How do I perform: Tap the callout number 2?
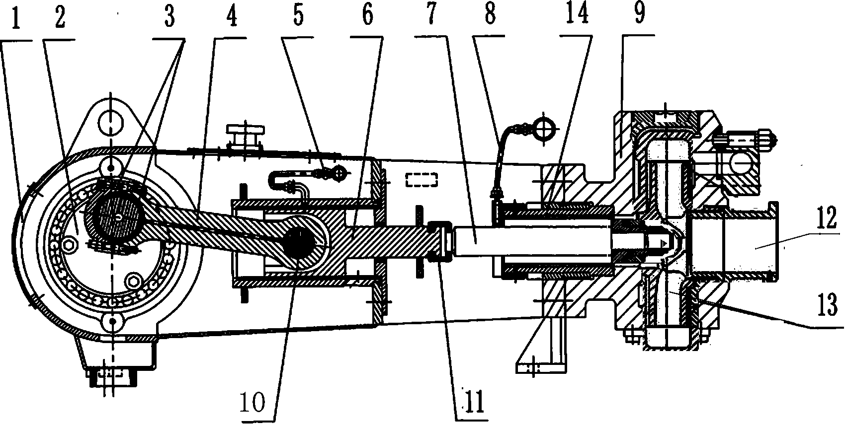coord(60,18)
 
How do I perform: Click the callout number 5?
coord(298,16)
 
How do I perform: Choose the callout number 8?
coord(490,15)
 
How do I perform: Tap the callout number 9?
coord(639,13)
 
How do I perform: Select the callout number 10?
coord(253,403)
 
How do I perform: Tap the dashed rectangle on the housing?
coord(422,180)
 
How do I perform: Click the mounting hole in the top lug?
coord(110,123)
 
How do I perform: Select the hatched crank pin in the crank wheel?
coord(118,217)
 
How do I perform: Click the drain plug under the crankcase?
coord(112,376)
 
